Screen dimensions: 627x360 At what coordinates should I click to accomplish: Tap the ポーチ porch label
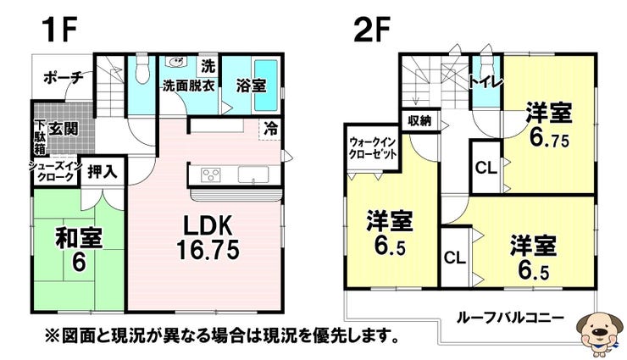(64, 76)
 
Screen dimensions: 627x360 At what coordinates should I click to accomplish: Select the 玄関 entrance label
(64, 129)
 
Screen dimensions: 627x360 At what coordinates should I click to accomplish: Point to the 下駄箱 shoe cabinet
(40, 136)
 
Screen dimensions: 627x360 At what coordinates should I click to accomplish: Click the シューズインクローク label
(55, 171)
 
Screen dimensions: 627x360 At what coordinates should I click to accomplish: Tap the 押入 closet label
(103, 171)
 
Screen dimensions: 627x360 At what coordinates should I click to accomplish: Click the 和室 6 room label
(78, 249)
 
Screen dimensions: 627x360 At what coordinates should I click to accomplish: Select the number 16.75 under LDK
(208, 249)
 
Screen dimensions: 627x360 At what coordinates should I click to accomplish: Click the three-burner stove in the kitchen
(211, 175)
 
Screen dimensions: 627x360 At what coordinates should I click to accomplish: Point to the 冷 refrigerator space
(271, 128)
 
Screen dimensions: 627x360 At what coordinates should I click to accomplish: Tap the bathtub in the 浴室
(266, 85)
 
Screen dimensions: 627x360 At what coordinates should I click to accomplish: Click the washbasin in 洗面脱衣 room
(176, 63)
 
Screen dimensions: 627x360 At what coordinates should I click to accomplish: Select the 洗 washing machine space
(208, 66)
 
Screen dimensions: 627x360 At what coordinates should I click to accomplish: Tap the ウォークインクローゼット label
(372, 148)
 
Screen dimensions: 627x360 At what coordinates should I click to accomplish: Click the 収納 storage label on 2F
(419, 120)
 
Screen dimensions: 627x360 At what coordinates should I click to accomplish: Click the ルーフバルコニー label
(510, 318)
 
